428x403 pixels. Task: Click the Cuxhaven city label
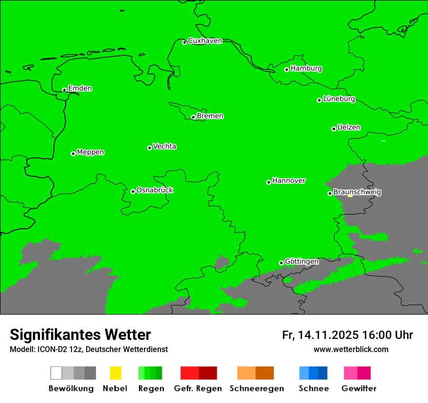205,41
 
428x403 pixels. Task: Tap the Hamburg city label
306,68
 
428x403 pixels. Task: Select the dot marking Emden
64,90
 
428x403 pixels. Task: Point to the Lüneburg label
339,99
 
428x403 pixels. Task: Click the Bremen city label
210,116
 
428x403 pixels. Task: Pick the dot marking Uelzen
334,129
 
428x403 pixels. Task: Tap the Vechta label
164,146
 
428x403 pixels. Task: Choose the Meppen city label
90,152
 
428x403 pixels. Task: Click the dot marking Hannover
268,183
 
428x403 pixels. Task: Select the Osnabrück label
155,190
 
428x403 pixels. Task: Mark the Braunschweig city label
357,192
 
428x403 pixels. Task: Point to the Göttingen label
302,262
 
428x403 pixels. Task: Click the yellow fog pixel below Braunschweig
350,196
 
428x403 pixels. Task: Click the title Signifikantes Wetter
80,335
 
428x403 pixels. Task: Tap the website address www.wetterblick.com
351,350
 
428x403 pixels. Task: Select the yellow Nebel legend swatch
115,373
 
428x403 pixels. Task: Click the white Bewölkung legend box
56,373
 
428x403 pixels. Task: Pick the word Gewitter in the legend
359,388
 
